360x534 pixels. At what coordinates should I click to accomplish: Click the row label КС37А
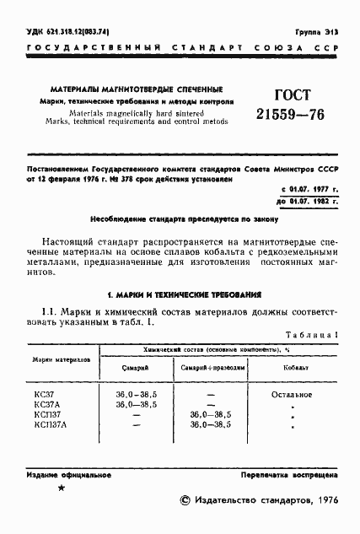[x=48, y=404]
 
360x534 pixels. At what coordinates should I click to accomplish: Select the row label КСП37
[x=48, y=414]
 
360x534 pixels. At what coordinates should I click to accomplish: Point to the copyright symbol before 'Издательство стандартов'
[x=186, y=501]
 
